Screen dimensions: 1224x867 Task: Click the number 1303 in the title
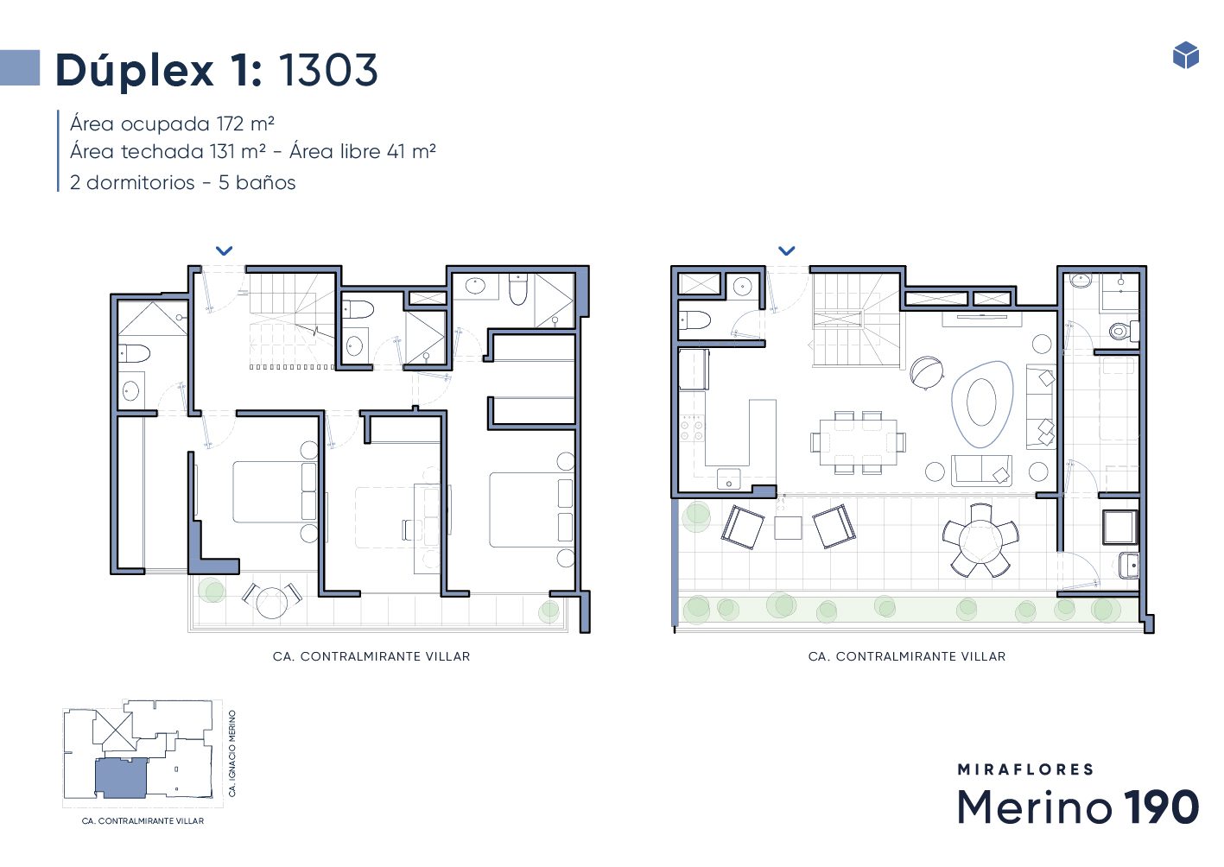[x=328, y=70]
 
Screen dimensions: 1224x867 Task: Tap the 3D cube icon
[x=1186, y=55]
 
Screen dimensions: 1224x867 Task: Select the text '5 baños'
[x=257, y=182]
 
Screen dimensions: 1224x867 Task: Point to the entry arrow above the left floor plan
[x=224, y=250]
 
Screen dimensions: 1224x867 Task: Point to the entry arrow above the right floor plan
[x=786, y=250]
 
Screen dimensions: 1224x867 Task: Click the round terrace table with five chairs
[x=980, y=541]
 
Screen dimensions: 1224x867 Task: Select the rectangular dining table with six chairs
[x=858, y=442]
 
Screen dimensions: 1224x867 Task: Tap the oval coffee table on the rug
[x=981, y=402]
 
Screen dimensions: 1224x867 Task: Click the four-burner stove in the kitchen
[x=691, y=427]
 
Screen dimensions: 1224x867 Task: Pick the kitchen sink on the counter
[x=728, y=478]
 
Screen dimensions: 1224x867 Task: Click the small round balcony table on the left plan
[x=271, y=602]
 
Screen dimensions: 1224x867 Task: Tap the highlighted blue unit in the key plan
[x=121, y=777]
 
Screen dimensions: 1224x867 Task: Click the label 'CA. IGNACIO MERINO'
[x=231, y=753]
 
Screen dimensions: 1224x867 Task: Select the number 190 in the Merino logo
[x=1161, y=807]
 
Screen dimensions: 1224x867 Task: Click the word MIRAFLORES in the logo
[x=1025, y=769]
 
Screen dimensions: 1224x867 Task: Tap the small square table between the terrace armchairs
[x=788, y=528]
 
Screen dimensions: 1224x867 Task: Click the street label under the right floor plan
[x=906, y=656]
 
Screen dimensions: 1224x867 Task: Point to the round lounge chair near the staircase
[x=927, y=372]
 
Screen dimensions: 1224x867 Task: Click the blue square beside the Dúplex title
[x=20, y=67]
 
